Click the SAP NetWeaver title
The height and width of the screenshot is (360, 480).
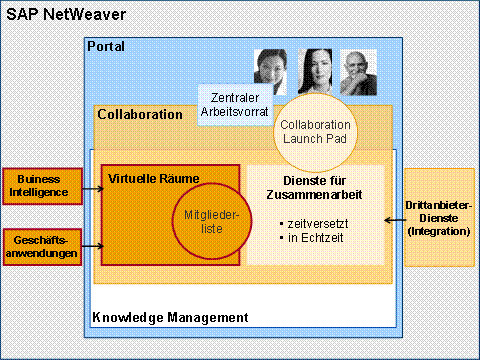point(66,15)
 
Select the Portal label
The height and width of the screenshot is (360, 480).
point(106,46)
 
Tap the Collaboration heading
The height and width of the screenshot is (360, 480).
point(140,114)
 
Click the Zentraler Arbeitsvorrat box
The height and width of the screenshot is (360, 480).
point(235,105)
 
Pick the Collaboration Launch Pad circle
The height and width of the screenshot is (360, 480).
point(315,132)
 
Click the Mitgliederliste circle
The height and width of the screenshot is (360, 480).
point(212,221)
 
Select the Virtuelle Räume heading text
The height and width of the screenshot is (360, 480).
point(154,179)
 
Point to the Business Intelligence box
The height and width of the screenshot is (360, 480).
point(42,186)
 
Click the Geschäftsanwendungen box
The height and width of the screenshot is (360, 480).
point(42,247)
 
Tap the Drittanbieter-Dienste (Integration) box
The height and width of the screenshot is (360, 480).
point(439,218)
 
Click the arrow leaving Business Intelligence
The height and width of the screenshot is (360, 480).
point(93,189)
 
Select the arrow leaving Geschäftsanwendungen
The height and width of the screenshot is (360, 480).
point(93,246)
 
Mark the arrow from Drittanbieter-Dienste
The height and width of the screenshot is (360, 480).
point(395,220)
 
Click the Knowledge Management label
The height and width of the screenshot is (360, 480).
point(170,317)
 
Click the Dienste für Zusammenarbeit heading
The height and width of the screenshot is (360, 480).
point(314,188)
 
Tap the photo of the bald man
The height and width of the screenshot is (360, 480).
point(358,72)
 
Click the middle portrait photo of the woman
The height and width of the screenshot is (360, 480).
point(315,71)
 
